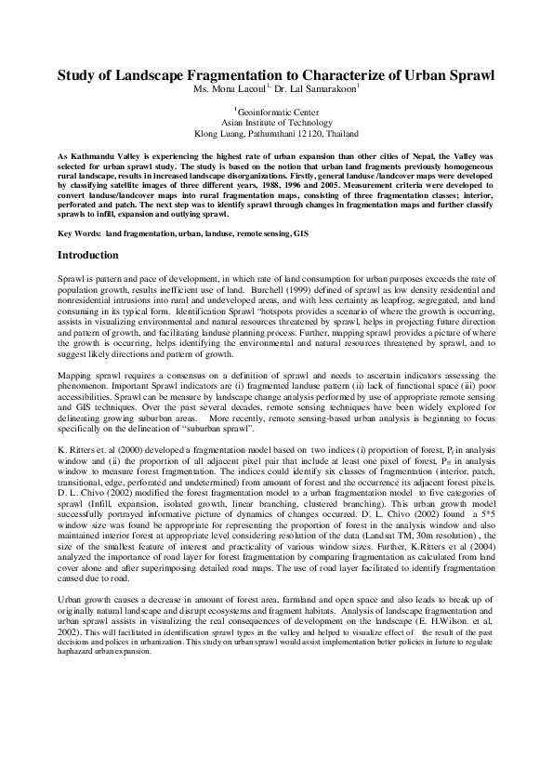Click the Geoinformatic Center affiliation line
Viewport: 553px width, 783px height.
point(276,112)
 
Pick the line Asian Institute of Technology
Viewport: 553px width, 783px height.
point(276,122)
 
